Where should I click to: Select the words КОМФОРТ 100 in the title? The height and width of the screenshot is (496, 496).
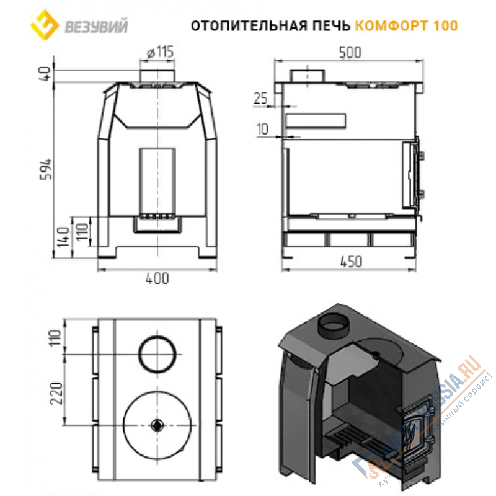coord(407,25)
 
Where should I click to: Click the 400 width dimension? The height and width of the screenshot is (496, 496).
coord(158,279)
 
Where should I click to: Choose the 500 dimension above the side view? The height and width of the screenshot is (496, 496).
coord(350,53)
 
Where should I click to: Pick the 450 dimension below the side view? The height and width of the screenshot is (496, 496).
coord(350,262)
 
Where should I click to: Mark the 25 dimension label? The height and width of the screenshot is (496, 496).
coord(261,98)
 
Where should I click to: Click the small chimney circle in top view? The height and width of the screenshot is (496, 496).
coord(157,353)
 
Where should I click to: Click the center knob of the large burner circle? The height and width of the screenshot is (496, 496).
coord(157,425)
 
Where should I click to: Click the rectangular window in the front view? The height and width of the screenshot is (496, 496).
coord(157,180)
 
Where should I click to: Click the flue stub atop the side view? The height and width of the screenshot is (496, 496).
coord(307,75)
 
